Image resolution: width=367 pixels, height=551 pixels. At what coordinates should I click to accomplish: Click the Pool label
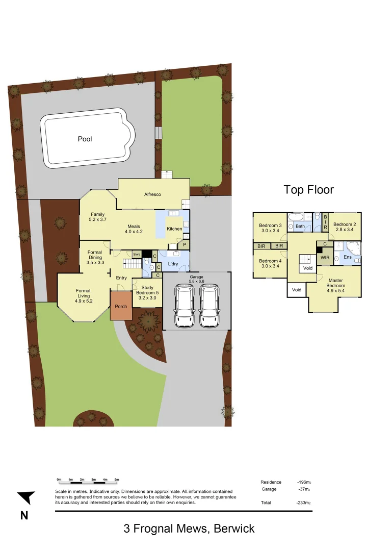click(x=85, y=139)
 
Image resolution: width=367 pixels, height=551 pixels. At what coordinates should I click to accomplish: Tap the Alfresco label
click(x=153, y=194)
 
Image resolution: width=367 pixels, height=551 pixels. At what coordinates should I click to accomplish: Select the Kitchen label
click(x=174, y=229)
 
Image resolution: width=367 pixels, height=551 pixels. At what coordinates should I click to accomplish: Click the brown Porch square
click(x=121, y=306)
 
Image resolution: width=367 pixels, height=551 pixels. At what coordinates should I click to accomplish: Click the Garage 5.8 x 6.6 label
click(x=196, y=279)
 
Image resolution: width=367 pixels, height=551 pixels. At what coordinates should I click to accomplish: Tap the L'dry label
click(x=173, y=264)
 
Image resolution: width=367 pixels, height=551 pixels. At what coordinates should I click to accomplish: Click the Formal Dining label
click(x=95, y=257)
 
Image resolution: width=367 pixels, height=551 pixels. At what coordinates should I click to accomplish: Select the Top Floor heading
click(x=308, y=190)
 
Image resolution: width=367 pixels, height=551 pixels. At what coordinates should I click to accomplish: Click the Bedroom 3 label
click(x=270, y=228)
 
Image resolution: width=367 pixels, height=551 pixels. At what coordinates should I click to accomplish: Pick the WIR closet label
click(x=325, y=258)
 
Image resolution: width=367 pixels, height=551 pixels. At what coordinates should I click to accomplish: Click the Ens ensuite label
click(x=348, y=258)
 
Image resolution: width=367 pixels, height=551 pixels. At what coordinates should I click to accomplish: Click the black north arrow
click(x=27, y=497)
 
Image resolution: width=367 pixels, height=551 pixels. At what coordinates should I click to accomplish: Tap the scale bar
click(x=88, y=480)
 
